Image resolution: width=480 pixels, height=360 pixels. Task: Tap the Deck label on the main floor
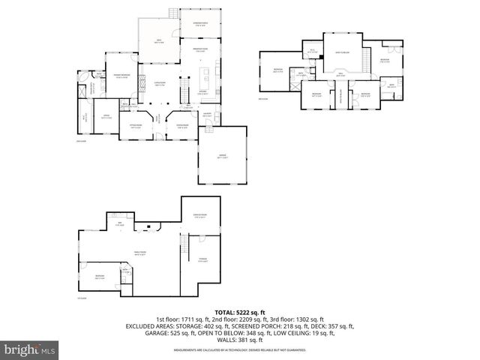pos(159,40)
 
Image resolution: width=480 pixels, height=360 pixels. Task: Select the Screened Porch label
pos(199,24)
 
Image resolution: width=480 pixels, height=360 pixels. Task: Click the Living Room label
pos(160,84)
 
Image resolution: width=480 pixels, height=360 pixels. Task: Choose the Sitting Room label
pos(136,127)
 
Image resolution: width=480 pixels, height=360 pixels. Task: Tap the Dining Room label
pos(181,126)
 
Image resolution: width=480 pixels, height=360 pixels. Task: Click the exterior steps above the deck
pos(175,13)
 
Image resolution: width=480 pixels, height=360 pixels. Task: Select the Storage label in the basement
pos(202,260)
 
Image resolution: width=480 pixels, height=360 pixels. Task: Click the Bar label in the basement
pos(118,223)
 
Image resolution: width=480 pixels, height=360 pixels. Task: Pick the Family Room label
pos(139,253)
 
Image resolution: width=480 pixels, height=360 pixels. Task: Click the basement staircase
pos(182,244)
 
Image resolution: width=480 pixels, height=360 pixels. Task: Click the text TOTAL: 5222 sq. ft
pos(240,311)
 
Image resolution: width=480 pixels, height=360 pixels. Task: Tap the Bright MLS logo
pos(29,349)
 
